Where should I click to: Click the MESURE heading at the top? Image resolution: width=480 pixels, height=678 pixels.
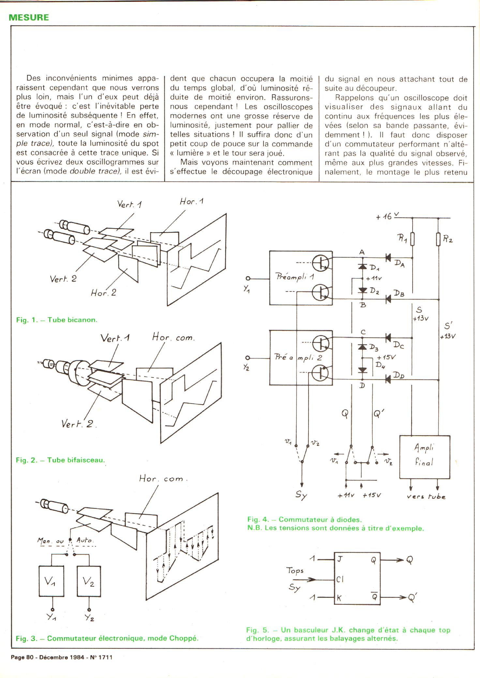[x=29, y=18]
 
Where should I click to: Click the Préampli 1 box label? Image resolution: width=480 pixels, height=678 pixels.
[x=295, y=277]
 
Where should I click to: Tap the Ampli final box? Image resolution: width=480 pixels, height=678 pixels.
[x=425, y=457]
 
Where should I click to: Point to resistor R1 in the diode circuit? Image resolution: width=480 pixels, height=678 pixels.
[x=412, y=239]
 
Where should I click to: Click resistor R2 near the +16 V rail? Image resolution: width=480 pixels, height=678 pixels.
[x=439, y=239]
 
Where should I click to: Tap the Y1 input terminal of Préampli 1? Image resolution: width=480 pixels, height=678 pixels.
[x=248, y=278]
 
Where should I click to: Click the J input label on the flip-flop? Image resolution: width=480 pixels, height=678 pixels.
[x=339, y=559]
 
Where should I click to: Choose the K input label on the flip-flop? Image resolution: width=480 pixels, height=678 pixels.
[x=339, y=597]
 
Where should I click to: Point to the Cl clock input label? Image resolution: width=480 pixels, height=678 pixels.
[x=340, y=579]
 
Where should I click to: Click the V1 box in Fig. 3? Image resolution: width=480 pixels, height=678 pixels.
[x=51, y=581]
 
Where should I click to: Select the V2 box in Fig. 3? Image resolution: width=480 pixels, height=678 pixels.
[x=89, y=581]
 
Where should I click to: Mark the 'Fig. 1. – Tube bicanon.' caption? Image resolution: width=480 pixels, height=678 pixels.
[x=57, y=320]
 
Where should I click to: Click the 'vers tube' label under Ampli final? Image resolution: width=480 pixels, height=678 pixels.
[x=426, y=496]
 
